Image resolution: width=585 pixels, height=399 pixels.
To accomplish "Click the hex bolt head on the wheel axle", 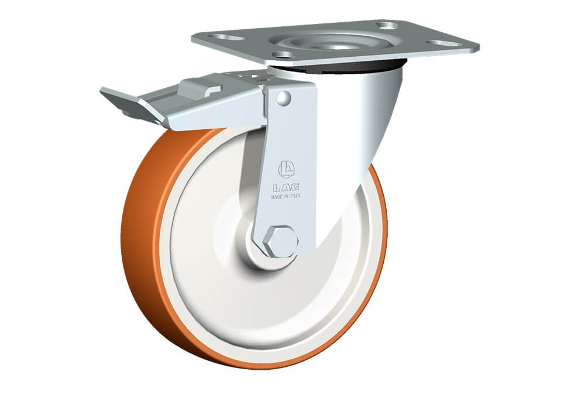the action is [280, 242].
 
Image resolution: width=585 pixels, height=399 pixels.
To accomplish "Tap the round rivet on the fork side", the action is [284, 98].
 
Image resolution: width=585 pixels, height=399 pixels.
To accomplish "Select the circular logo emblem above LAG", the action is [286, 170].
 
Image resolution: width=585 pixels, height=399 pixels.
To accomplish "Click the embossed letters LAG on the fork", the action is [286, 187].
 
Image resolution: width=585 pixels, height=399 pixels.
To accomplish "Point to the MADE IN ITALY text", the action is [286, 196].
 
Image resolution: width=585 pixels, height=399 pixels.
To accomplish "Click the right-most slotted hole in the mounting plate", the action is [444, 43].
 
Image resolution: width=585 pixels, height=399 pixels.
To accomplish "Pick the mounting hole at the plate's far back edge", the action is [387, 25].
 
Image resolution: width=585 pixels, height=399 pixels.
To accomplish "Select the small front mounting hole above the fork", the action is [283, 55].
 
